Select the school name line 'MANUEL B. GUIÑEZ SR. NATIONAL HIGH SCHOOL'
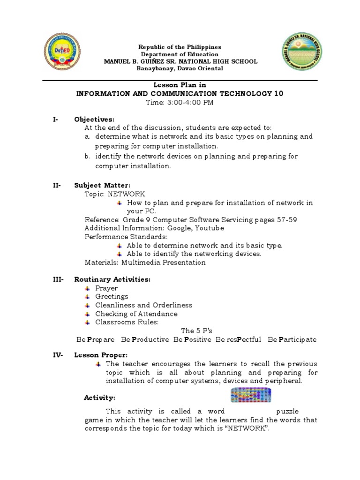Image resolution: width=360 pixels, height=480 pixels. coord(180,61)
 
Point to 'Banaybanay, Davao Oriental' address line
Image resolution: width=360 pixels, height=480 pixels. coord(180,68)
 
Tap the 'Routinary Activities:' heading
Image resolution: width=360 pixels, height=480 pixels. coord(112,279)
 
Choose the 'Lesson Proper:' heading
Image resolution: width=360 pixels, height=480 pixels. coord(101,355)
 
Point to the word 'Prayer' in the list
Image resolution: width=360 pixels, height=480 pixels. coord(106,288)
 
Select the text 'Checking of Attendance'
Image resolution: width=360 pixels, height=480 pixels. coord(136,314)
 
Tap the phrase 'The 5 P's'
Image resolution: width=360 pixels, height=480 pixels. coord(196,330)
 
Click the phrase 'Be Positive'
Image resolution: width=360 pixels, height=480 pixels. coord(192,339)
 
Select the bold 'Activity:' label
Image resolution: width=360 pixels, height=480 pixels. coord(99,397)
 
